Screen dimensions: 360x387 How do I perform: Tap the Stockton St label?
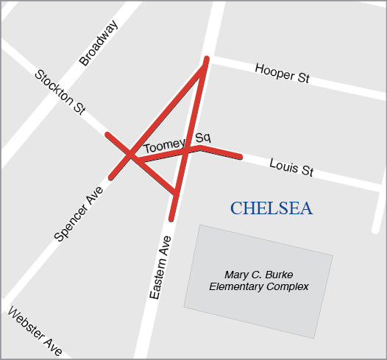60,91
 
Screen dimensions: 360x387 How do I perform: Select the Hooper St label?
282,73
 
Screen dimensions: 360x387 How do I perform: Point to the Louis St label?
291,166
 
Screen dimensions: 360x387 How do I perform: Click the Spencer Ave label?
79,213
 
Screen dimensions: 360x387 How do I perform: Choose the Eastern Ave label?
160,267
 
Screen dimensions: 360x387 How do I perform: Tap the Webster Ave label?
35,332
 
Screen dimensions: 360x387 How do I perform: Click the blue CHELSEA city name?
271,208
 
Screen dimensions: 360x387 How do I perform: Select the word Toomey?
163,146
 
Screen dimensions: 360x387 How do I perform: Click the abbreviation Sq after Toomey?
203,137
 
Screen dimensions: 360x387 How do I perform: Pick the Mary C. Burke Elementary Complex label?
258,280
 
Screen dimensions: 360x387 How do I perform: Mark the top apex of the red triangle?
207,60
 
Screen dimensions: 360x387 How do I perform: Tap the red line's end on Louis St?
240,156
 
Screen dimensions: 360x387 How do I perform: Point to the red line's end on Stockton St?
107,135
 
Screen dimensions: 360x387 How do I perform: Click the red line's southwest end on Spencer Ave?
111,177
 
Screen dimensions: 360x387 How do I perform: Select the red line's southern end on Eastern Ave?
171,219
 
